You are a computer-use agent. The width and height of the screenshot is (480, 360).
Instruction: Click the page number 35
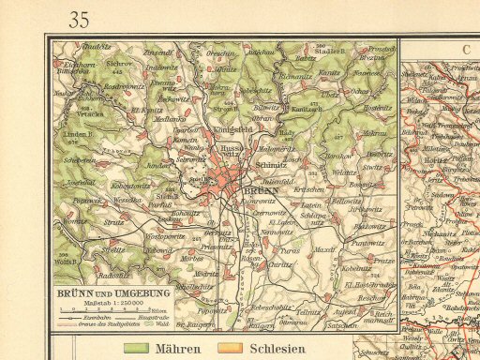point(79,19)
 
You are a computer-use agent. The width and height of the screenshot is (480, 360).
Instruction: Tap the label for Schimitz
point(271,163)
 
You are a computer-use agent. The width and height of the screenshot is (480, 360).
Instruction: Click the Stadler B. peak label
point(334,51)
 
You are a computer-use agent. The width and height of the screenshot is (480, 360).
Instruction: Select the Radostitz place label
point(114,276)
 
